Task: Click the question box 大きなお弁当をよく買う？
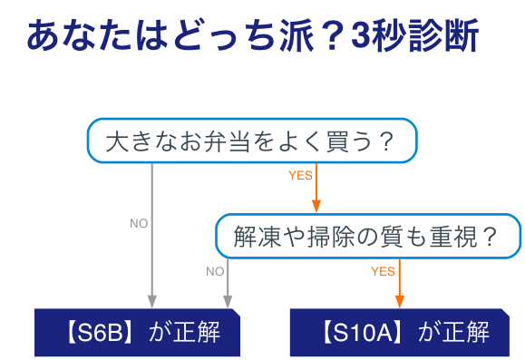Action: (251, 141)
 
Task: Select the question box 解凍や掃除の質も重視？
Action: (367, 237)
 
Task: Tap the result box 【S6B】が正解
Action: (138, 332)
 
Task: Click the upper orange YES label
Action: (299, 175)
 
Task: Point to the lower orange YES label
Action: (383, 270)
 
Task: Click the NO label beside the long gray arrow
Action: (139, 223)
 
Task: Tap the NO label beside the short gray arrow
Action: (215, 270)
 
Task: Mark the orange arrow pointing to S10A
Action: (399, 283)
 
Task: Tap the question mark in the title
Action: (332, 38)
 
